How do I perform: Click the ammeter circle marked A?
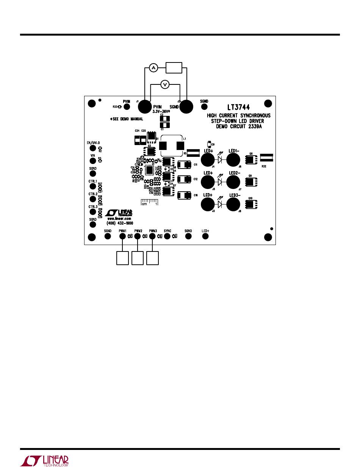click(x=153, y=68)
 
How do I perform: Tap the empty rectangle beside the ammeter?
click(x=174, y=68)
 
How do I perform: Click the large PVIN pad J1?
click(x=145, y=107)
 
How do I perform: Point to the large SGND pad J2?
click(x=186, y=107)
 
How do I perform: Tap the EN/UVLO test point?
click(x=93, y=148)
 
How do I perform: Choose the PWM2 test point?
click(x=137, y=236)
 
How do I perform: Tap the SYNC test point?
click(x=167, y=236)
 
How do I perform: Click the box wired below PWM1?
click(x=122, y=259)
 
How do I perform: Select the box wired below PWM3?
click(x=152, y=259)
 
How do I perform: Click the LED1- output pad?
click(x=233, y=159)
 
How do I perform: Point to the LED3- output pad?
click(x=233, y=205)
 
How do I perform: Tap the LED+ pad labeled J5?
click(x=208, y=182)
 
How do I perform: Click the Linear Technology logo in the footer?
click(x=44, y=460)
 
